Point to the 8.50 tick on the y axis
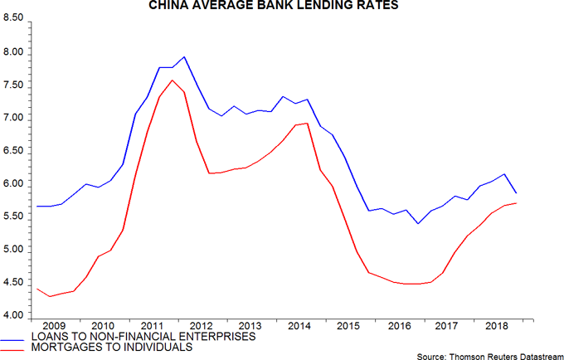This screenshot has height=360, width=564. point(14,20)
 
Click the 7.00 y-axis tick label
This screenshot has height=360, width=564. point(14,119)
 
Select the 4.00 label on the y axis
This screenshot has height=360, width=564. point(14,316)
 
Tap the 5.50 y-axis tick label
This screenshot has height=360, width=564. point(14,217)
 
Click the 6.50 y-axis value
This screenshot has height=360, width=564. point(14,152)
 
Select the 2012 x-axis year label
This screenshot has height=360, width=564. point(201,325)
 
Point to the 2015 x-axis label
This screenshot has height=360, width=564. point(349,325)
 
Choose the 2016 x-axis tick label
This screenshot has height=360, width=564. point(399,325)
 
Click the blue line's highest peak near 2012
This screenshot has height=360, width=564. point(183,57)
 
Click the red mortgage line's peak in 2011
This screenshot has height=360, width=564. point(171,80)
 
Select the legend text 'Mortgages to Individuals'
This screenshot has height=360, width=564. point(111,348)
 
